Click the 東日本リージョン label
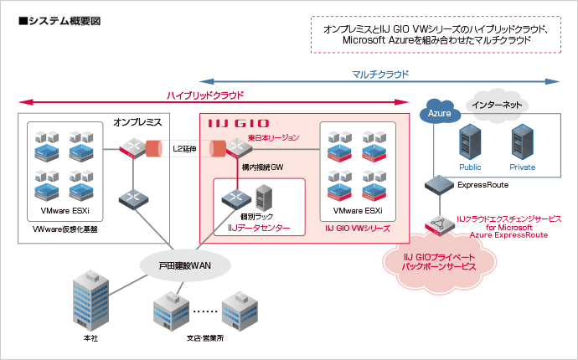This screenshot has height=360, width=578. pos(273,137)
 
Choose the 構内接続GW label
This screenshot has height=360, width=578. pos(263,167)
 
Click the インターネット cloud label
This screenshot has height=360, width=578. pos(498,105)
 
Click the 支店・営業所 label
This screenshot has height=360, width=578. pos(205,338)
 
